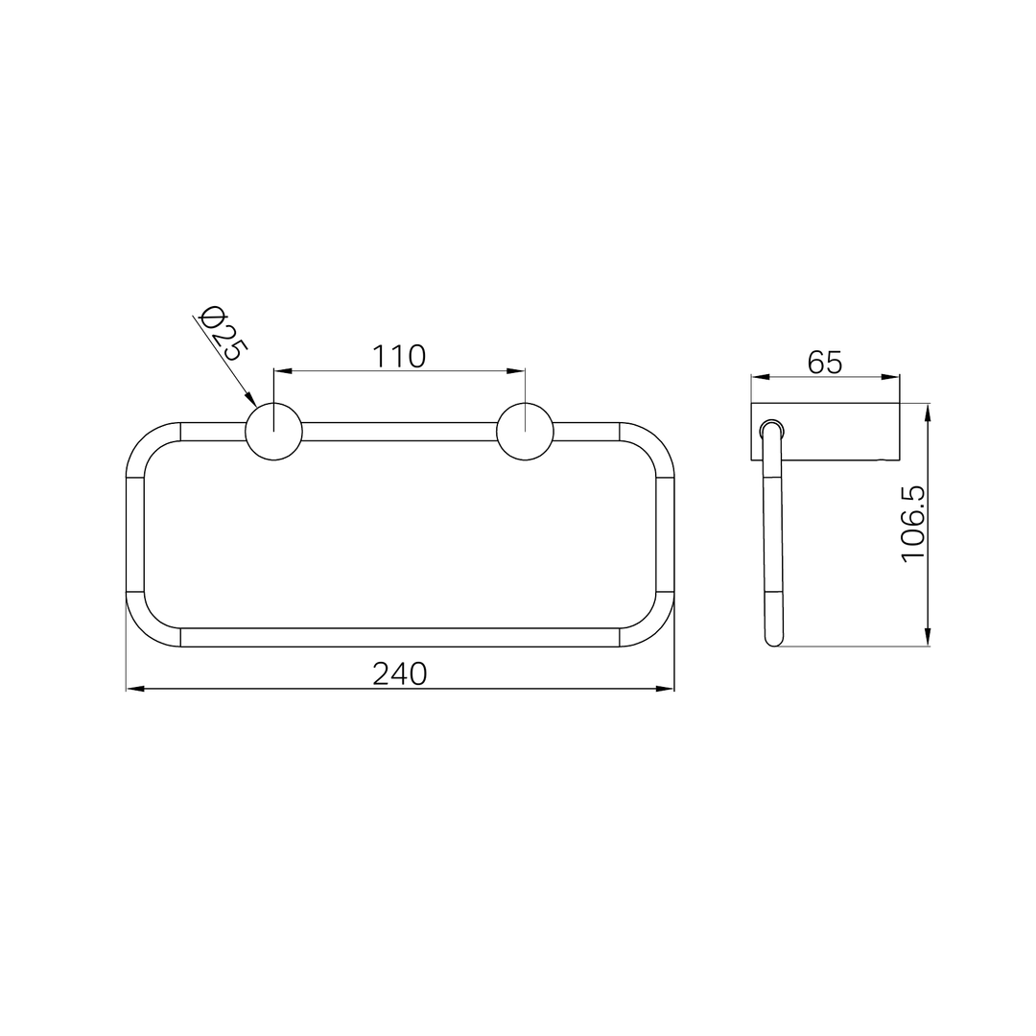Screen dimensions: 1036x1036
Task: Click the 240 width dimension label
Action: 400,674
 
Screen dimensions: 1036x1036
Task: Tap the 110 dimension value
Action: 399,357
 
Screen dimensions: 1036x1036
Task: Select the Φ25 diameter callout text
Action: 222,333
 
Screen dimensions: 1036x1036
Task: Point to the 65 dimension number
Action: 825,362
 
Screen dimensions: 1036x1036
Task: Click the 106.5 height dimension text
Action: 914,524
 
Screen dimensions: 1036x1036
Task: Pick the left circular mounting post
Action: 273,432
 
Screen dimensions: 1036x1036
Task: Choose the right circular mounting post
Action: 526,432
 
